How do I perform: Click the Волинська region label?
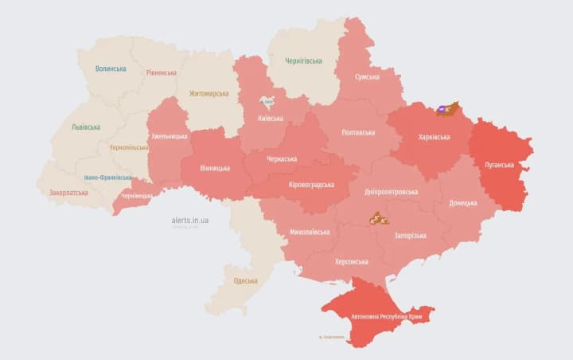(x=111, y=68)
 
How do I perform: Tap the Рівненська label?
(x=162, y=72)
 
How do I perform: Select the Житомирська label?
(x=209, y=93)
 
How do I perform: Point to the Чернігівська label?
(x=303, y=61)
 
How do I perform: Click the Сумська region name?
(x=366, y=77)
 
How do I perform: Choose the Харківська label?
(x=434, y=137)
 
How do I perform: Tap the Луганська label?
(x=501, y=165)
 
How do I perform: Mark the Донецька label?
(x=463, y=203)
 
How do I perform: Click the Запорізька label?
(x=410, y=236)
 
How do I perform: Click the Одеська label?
(x=245, y=280)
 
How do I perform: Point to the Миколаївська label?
(x=310, y=233)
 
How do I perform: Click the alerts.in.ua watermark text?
(x=189, y=220)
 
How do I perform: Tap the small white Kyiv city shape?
(x=268, y=102)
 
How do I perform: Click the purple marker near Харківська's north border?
(x=442, y=109)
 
